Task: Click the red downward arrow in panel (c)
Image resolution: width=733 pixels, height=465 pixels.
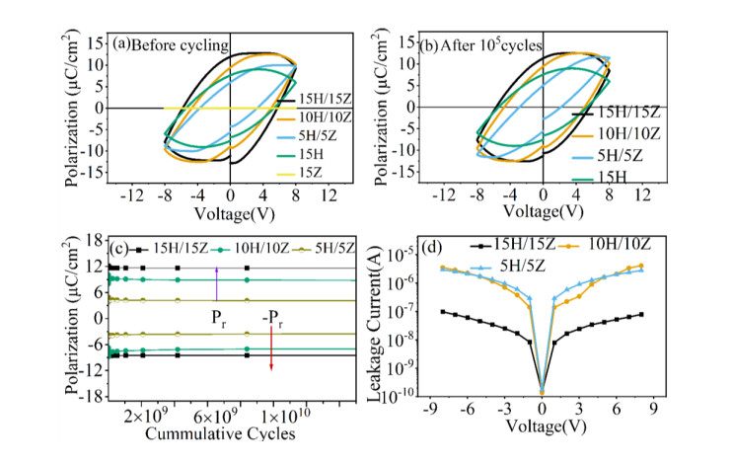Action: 271,365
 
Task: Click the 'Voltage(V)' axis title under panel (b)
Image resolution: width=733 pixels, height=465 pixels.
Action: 544,211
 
